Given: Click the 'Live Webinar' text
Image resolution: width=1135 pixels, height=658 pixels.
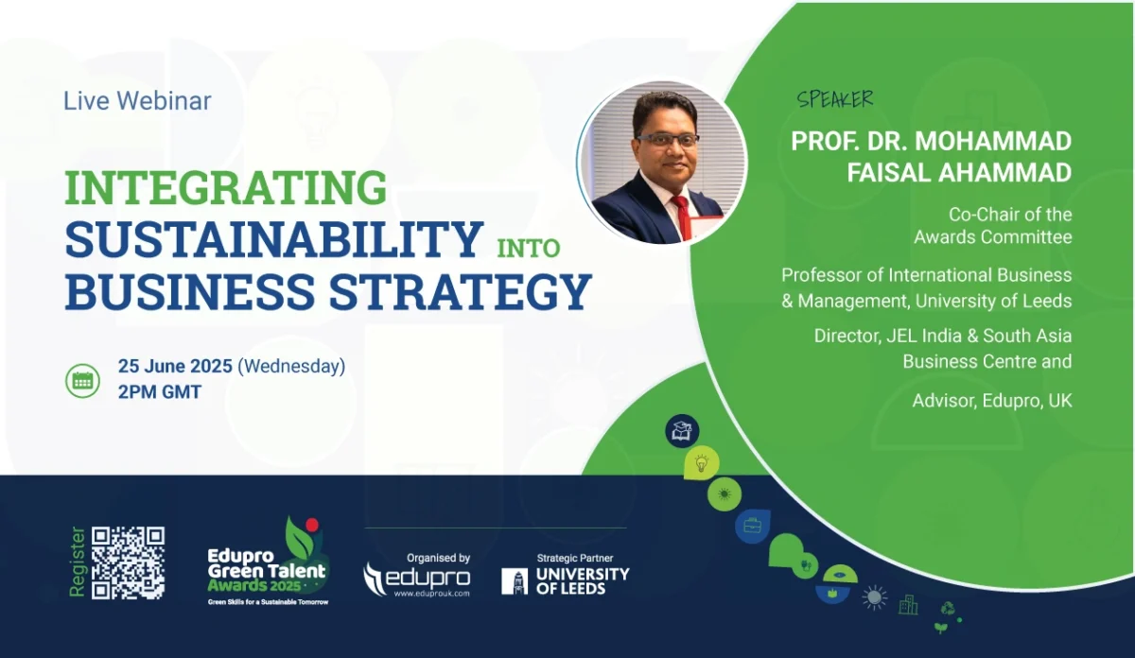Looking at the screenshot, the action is point(137,100).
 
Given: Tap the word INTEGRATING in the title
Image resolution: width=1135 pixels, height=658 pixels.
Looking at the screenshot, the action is point(226,187).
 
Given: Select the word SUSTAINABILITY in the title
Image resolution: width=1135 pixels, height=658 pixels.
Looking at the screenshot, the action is point(273,239).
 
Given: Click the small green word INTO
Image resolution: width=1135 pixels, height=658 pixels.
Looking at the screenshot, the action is point(529,249).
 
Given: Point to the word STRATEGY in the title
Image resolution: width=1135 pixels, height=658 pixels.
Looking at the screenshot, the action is point(461,291).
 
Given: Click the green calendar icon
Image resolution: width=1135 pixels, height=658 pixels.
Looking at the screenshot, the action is point(82,380).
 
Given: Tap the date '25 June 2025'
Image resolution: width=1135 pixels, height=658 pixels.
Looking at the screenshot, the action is point(175,366).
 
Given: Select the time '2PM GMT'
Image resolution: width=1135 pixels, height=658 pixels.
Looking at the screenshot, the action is point(160,392).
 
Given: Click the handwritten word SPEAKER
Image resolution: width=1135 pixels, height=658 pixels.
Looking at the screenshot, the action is point(835,99).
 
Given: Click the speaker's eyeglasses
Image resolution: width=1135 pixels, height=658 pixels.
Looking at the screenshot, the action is point(668,140).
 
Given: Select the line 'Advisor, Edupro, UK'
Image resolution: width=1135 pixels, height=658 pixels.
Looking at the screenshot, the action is point(992,401).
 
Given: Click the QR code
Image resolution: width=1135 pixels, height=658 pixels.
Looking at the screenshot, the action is point(129,563).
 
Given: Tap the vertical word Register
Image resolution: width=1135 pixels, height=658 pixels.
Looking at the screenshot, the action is point(77,563).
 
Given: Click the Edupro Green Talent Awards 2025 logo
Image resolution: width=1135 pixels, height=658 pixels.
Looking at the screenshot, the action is point(268,562).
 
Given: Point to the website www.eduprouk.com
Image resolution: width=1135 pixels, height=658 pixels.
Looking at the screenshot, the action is point(431,593).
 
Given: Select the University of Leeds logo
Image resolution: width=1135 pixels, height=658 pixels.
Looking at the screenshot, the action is point(566,580).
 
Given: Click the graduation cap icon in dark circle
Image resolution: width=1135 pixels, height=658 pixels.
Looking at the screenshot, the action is point(682,431).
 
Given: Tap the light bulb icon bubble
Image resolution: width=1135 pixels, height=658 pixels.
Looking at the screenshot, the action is point(701,463).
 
